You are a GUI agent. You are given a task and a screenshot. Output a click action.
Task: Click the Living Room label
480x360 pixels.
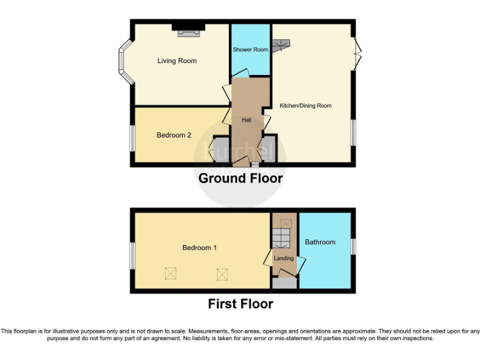point(177,61)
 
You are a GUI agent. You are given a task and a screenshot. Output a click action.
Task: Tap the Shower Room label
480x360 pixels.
point(250,49)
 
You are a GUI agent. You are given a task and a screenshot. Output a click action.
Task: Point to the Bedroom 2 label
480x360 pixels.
point(174,135)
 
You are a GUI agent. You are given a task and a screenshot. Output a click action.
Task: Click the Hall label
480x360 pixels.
point(246,119)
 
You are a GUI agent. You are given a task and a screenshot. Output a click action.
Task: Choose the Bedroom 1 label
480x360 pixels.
point(199,247)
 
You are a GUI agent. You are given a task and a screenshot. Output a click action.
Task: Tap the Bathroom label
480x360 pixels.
point(320,242)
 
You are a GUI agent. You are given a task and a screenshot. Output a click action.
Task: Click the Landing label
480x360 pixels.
point(284,258)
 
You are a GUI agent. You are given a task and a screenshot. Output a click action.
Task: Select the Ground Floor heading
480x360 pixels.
point(240,178)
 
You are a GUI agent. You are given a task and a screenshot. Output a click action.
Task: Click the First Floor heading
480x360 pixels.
point(240,304)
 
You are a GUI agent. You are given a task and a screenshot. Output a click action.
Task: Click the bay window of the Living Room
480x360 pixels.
point(125,61)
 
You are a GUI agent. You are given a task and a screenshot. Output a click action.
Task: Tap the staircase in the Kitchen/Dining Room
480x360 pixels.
point(281,46)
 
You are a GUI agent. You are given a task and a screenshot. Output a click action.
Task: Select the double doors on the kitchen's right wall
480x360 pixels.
point(357,54)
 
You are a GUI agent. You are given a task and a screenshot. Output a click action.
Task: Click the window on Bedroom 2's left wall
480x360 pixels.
point(132,137)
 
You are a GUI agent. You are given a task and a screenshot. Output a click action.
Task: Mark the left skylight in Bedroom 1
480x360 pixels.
point(170,273)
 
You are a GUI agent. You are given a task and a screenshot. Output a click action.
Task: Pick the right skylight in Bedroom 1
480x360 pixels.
point(222,273)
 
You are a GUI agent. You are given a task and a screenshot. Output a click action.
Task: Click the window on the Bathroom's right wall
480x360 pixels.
point(353,246)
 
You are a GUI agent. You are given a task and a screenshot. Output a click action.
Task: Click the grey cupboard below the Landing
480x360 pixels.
point(284,283)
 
